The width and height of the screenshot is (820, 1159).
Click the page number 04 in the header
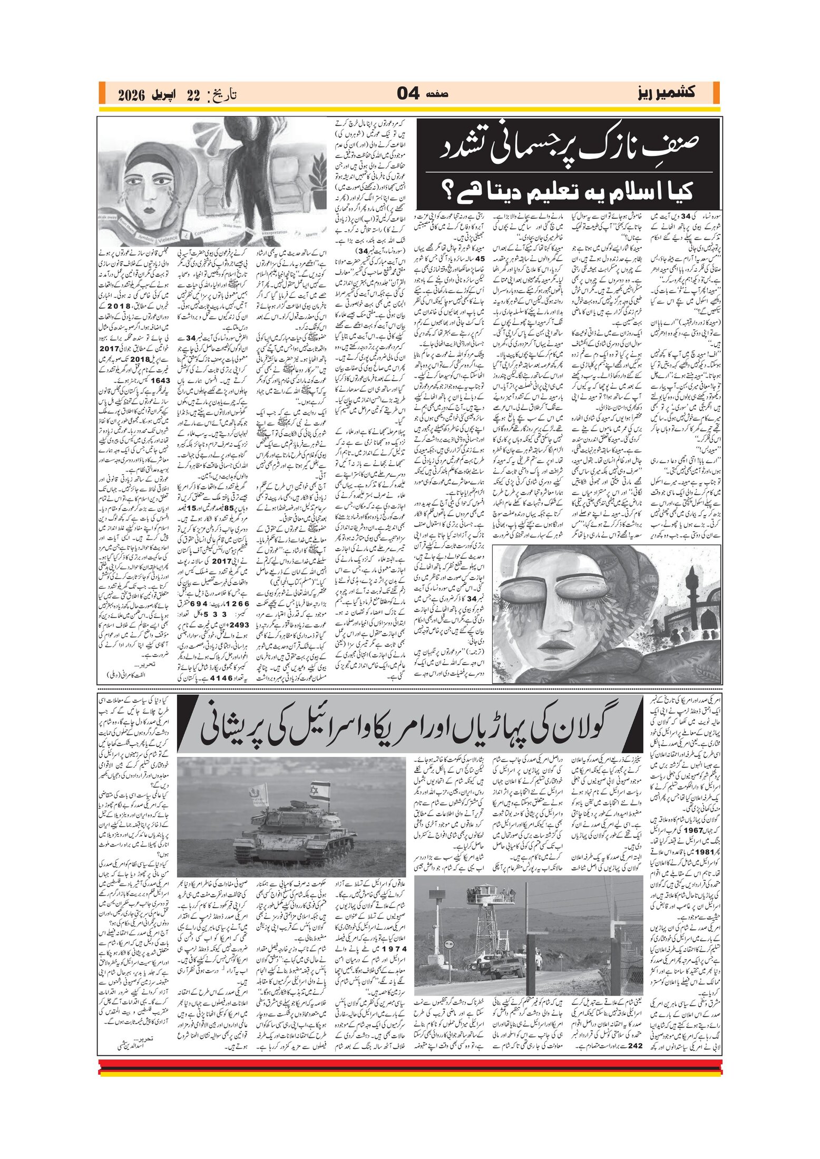point(408,94)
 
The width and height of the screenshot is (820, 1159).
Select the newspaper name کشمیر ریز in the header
point(665,93)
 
